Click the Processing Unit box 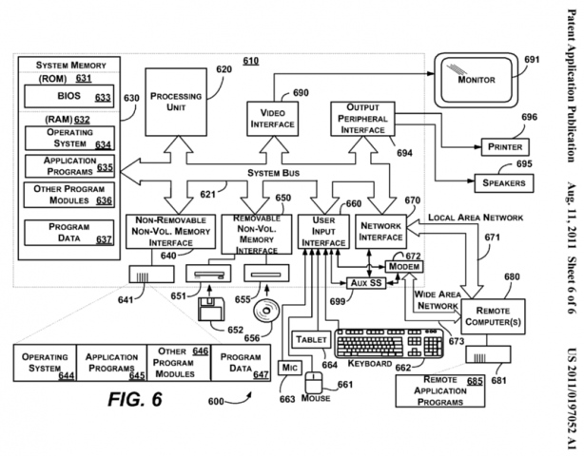176,102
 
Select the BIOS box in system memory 68,96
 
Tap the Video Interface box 273,119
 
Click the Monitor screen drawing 477,80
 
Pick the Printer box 505,146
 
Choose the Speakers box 503,183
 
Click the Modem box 404,266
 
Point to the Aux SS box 366,283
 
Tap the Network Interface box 380,232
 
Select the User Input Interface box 323,232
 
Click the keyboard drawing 389,343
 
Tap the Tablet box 311,339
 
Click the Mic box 290,368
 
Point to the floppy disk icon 211,309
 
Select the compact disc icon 266,311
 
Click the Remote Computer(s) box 493,316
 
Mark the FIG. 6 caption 135,399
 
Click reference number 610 251,61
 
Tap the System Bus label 273,173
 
